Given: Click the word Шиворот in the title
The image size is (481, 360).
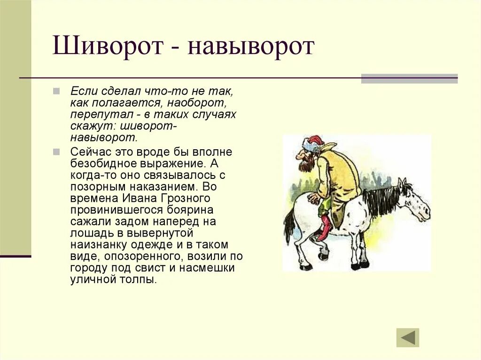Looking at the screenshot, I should click(107, 47).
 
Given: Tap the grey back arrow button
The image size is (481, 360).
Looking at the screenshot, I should click(408, 337).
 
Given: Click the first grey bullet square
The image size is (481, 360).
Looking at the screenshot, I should click(56, 90).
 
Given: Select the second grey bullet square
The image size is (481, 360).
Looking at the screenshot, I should click(56, 152).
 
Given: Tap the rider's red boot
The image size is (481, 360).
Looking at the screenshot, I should click(324, 228).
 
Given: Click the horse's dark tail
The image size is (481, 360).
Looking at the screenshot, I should click(289, 225).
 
